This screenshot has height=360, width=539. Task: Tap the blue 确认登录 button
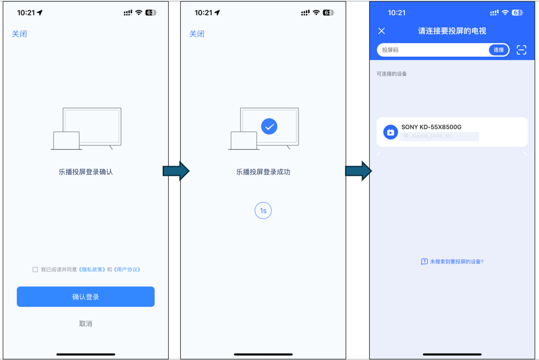click(86, 297)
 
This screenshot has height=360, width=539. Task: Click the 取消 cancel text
click(86, 324)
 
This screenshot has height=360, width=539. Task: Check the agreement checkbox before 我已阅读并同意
click(35, 270)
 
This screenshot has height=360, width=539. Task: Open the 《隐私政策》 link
click(92, 270)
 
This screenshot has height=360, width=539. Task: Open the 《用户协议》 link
click(127, 270)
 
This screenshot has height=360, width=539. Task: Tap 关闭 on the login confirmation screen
click(19, 34)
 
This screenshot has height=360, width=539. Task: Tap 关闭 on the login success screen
click(197, 34)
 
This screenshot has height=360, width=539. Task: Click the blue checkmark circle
click(269, 127)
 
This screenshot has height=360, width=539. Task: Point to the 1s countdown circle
click(263, 211)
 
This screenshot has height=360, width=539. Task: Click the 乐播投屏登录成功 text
click(263, 172)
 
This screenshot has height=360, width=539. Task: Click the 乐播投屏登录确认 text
click(86, 172)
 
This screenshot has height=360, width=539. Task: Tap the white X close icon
click(382, 31)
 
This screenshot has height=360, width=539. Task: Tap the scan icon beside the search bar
click(521, 50)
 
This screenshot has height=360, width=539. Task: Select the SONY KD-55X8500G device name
click(431, 127)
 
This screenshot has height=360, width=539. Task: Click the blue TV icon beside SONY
click(390, 132)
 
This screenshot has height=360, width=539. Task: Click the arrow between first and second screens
click(176, 171)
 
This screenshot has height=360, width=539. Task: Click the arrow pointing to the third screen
click(358, 171)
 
